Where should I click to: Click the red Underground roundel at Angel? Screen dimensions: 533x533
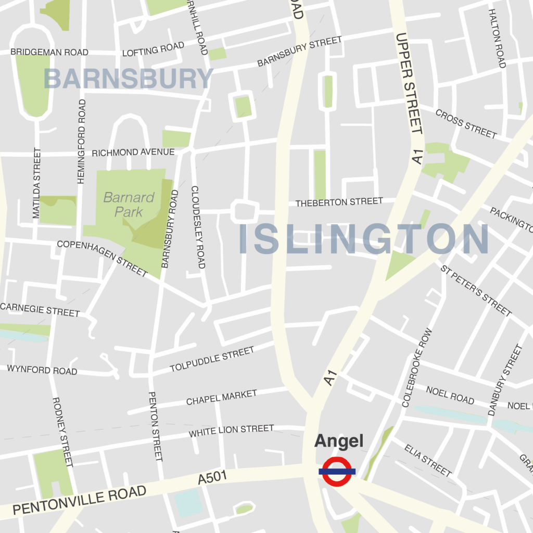337,471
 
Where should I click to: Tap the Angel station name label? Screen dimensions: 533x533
338,441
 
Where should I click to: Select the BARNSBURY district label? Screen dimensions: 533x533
128,79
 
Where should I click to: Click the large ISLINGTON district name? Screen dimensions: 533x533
363,240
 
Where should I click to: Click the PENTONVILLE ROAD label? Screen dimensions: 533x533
79,500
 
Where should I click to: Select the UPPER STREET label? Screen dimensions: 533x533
409,83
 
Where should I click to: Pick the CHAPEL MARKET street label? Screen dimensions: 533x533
222,398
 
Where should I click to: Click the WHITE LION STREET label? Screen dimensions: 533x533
231,431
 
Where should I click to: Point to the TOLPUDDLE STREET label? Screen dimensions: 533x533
212,360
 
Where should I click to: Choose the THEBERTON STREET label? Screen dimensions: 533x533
339,202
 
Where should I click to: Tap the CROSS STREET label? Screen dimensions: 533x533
466,123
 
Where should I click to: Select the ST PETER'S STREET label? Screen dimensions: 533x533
476,290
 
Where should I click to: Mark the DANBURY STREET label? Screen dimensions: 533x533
504,380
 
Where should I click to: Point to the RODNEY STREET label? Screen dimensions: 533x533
62,432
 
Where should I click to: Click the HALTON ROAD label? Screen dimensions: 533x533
497,38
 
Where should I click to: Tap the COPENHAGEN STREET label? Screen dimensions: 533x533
103,258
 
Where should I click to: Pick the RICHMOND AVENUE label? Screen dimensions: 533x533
133,153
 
